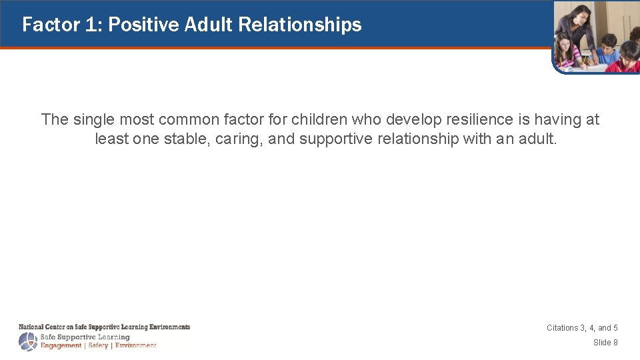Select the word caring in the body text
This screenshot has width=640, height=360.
[x=239, y=139]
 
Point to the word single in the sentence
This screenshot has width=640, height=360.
[x=94, y=119]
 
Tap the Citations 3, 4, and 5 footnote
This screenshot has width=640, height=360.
[x=582, y=328]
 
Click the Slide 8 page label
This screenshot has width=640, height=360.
[x=605, y=343]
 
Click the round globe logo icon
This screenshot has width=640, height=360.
[x=28, y=342]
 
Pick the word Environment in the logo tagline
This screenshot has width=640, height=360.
[x=136, y=345]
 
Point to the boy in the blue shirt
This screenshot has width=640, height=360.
[x=608, y=50]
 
